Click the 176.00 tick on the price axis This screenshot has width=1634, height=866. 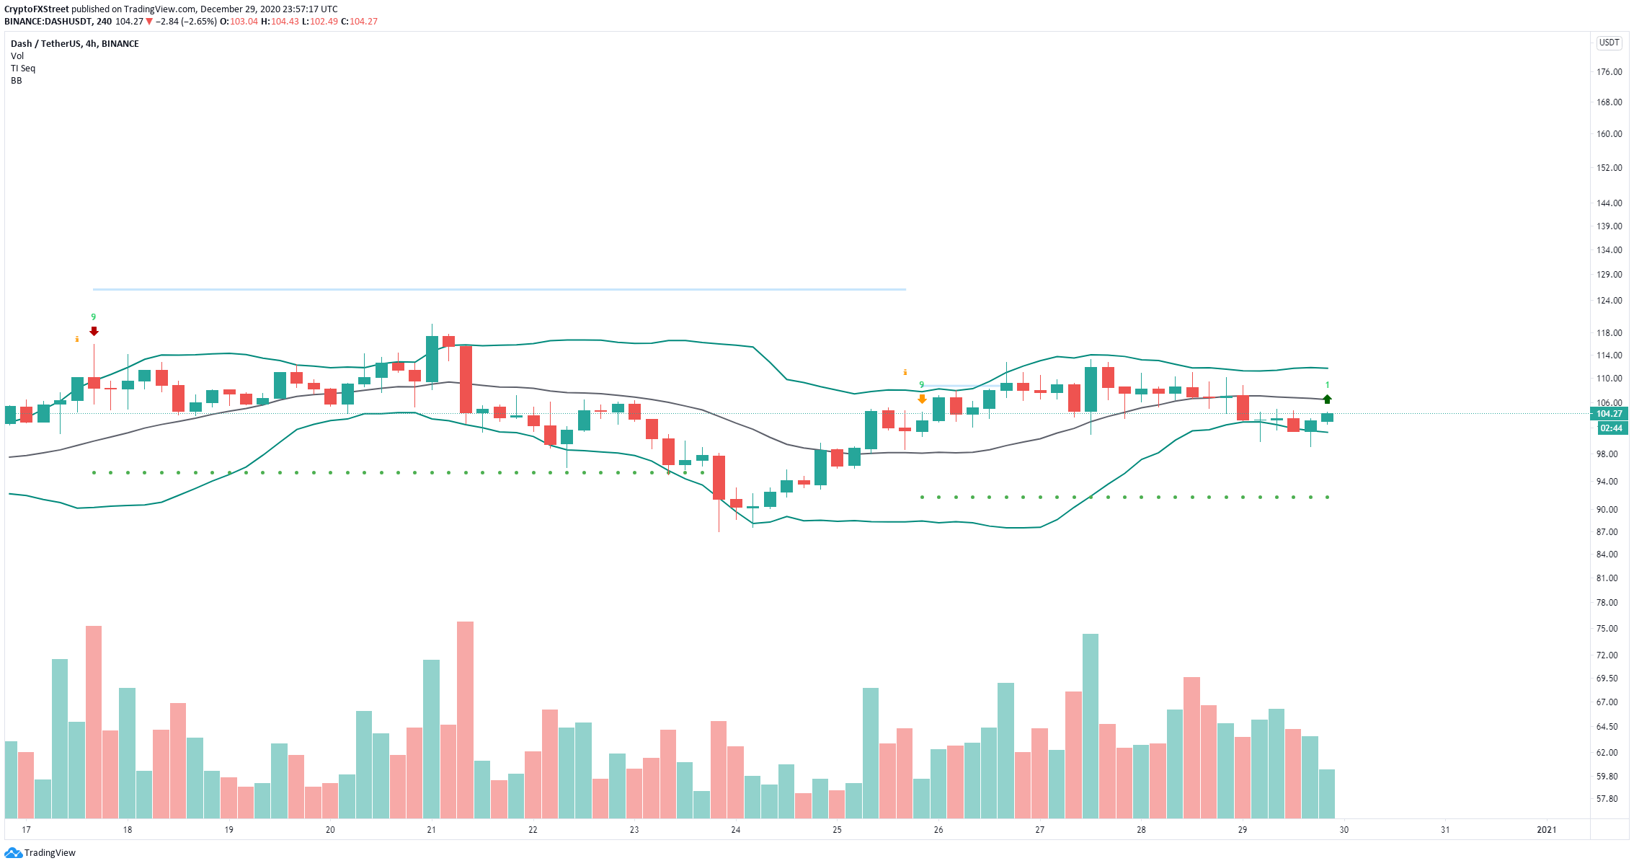pyautogui.click(x=1609, y=72)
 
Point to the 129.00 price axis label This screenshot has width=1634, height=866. pyautogui.click(x=1609, y=275)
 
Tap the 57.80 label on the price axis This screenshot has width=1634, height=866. pyautogui.click(x=1607, y=799)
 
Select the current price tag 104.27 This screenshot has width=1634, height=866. pyautogui.click(x=1608, y=414)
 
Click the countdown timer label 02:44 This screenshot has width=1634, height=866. pyautogui.click(x=1611, y=428)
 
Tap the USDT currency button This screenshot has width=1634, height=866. pyautogui.click(x=1609, y=43)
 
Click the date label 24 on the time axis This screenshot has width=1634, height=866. pyautogui.click(x=735, y=830)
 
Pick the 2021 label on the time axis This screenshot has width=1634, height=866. pyautogui.click(x=1546, y=830)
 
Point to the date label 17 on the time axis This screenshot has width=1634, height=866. pyautogui.click(x=26, y=830)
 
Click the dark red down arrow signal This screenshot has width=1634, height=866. pyautogui.click(x=94, y=331)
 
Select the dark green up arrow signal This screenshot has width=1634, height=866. pyautogui.click(x=1327, y=399)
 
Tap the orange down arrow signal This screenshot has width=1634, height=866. pyautogui.click(x=922, y=399)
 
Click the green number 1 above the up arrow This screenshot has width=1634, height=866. pyautogui.click(x=1327, y=385)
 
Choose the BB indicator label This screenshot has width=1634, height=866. pyautogui.click(x=17, y=81)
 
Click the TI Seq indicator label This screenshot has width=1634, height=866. pyautogui.click(x=23, y=69)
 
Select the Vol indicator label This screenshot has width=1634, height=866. pyautogui.click(x=17, y=56)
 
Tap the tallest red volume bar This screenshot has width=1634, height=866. pyautogui.click(x=465, y=720)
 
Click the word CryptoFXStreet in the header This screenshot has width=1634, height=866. pyautogui.click(x=37, y=9)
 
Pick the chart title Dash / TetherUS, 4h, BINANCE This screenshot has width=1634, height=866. pyautogui.click(x=75, y=44)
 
